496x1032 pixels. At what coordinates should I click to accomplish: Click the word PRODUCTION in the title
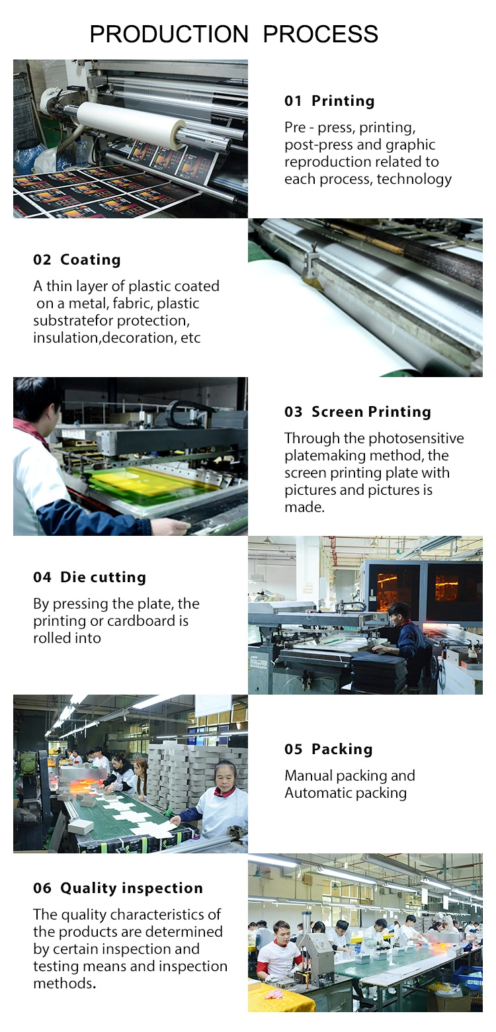point(169,34)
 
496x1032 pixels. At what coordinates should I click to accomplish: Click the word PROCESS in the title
point(321,34)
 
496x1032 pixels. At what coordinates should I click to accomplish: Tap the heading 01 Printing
point(329,101)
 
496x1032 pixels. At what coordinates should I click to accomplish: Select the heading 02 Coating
point(77,259)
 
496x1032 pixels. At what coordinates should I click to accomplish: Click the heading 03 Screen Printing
point(358,411)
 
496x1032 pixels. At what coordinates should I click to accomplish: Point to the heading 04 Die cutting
point(90,577)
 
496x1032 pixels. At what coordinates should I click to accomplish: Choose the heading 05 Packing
point(329,749)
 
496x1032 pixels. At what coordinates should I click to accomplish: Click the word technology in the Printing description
point(414,179)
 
